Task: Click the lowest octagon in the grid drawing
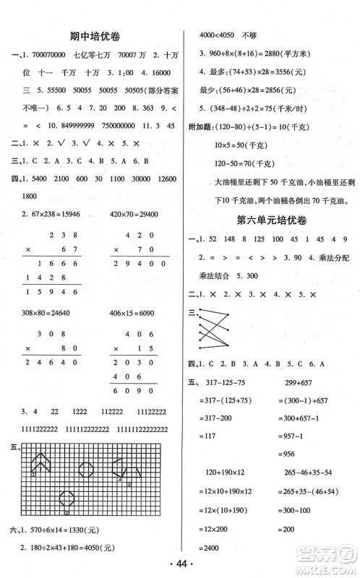tap(67, 498)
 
